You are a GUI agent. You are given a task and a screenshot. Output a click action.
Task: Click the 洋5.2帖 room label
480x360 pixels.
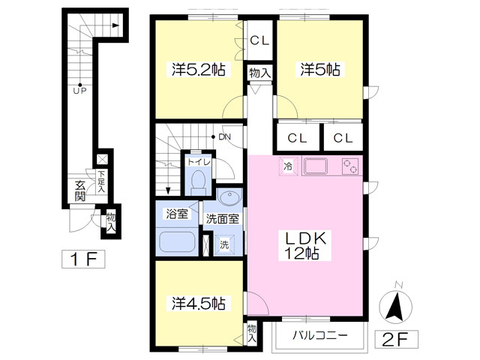click(x=199, y=70)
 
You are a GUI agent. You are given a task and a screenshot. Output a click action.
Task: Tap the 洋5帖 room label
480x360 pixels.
click(x=320, y=70)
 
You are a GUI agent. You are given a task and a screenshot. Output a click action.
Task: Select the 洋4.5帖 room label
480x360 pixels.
click(x=199, y=303)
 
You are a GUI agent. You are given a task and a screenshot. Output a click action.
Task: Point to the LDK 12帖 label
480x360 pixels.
click(x=305, y=245)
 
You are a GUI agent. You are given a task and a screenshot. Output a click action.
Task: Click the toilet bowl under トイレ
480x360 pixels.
click(x=198, y=181)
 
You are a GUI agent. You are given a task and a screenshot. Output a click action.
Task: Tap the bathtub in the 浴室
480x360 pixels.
click(x=177, y=241)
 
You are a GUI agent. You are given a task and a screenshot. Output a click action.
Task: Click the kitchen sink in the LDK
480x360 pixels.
click(x=315, y=166)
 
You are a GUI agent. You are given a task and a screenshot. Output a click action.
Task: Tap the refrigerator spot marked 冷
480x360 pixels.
click(x=288, y=166)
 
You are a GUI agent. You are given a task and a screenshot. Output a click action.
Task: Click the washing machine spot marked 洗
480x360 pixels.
click(x=224, y=244)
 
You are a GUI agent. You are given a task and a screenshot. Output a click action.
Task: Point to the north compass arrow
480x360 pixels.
click(x=395, y=307)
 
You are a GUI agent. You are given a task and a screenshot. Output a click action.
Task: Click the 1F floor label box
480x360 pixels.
click(x=83, y=259)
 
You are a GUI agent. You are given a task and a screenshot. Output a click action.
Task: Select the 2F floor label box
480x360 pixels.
click(x=397, y=339)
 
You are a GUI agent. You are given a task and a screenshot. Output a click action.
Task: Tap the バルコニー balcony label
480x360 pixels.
click(x=320, y=335)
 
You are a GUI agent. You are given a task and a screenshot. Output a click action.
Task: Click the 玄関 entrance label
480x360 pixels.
click(x=80, y=191)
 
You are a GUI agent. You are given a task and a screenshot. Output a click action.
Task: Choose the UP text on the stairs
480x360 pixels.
click(x=79, y=91)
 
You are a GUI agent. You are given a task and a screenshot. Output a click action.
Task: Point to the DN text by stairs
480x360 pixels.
click(x=225, y=136)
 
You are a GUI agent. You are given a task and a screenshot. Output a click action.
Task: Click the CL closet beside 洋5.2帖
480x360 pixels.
click(x=259, y=40)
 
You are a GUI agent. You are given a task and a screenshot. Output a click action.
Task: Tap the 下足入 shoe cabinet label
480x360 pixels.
click(x=101, y=181)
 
